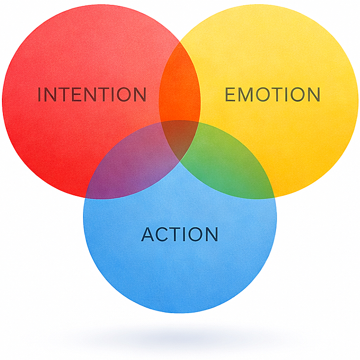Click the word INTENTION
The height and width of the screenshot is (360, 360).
(x=92, y=94)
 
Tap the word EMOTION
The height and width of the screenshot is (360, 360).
(x=272, y=94)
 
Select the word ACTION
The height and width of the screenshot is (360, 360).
(x=179, y=234)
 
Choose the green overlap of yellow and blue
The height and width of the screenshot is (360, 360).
(x=230, y=164)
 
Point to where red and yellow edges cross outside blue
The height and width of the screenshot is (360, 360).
(x=180, y=43)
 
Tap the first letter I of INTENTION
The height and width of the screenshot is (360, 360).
(x=40, y=94)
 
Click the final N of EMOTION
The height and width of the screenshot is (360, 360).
(x=313, y=94)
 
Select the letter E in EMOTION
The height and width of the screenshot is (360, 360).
(x=231, y=94)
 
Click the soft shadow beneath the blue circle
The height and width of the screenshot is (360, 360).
(x=180, y=337)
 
